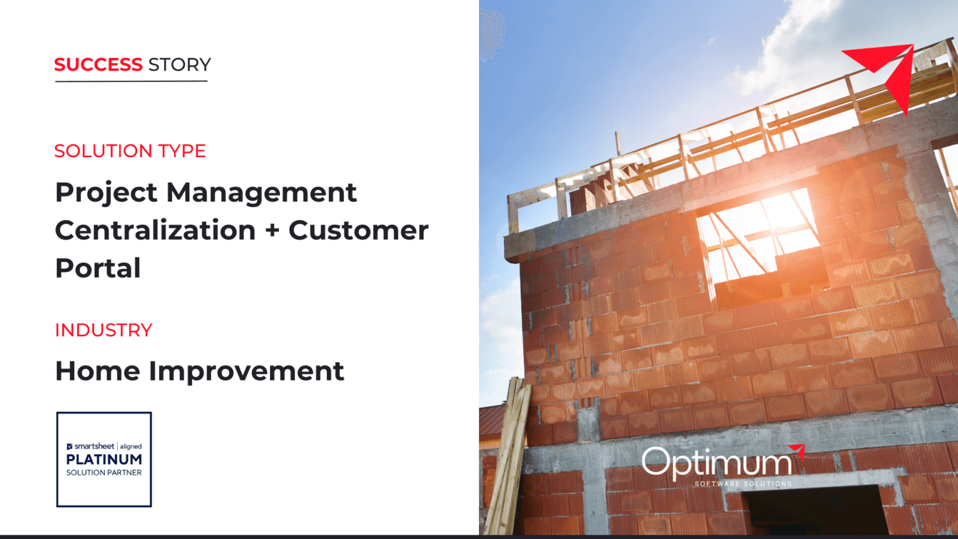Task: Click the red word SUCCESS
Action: coord(98,65)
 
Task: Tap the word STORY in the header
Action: coord(180,65)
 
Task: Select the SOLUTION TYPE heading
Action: coord(130,151)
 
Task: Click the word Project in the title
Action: coord(106,193)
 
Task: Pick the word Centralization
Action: coord(155,230)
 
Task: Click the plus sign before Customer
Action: coord(272,231)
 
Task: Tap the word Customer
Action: coord(358,230)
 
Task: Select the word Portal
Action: coord(98,268)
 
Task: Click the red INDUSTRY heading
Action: coord(104,330)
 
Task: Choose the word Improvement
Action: coord(246,372)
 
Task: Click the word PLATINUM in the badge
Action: coord(104,460)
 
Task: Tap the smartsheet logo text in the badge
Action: coord(94,447)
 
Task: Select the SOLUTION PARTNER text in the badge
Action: coord(104,473)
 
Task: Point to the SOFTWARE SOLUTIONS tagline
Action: coord(743,484)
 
